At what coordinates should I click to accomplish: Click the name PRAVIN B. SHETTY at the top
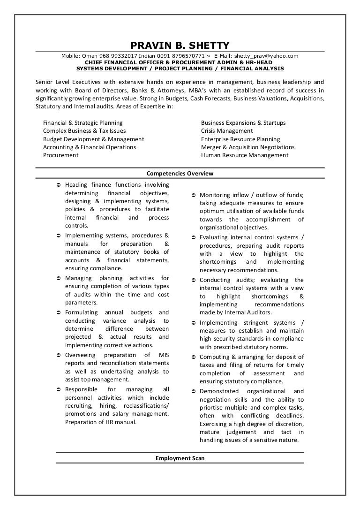pyautogui.click(x=180, y=46)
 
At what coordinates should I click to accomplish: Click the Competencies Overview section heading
pyautogui.click(x=180, y=173)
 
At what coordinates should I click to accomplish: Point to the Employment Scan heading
pyautogui.click(x=180, y=458)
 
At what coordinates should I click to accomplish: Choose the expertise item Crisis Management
pyautogui.click(x=227, y=131)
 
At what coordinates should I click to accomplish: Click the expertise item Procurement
pyautogui.click(x=61, y=155)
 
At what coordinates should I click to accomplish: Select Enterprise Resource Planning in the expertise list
pyautogui.click(x=240, y=139)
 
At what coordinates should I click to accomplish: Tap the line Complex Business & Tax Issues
pyautogui.click(x=84, y=131)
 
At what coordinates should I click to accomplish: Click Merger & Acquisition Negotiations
pyautogui.click(x=247, y=147)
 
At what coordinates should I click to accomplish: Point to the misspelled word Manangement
pyautogui.click(x=269, y=155)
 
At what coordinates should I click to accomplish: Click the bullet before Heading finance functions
pyautogui.click(x=58, y=185)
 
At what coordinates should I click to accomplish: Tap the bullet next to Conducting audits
pyautogui.click(x=193, y=280)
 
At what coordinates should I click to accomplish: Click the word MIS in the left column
pyautogui.click(x=164, y=355)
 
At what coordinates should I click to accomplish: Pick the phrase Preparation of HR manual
pyautogui.click(x=101, y=422)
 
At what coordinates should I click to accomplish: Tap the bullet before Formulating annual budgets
pyautogui.click(x=58, y=312)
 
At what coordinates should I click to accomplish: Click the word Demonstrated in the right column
pyautogui.click(x=219, y=391)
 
